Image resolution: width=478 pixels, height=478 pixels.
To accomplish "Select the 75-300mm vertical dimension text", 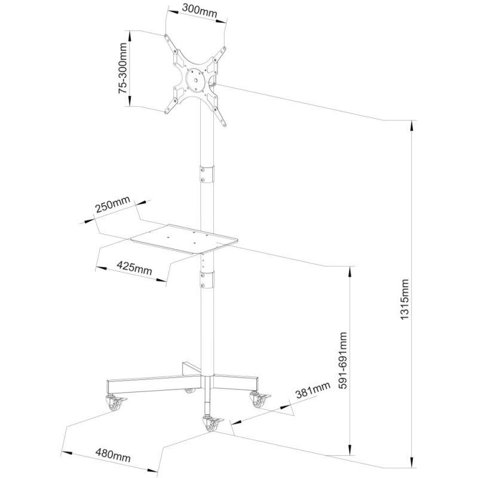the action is point(122,68).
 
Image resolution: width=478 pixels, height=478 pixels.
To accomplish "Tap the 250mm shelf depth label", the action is point(113,204).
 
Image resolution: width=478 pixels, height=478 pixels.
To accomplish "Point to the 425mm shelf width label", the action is point(134,267).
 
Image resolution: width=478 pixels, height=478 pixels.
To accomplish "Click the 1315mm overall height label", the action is point(405,299).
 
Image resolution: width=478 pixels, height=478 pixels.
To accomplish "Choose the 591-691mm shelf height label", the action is point(343,360).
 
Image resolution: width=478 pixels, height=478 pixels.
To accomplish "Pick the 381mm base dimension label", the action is point(312,390).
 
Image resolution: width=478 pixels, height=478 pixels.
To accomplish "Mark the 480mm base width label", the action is point(113,455).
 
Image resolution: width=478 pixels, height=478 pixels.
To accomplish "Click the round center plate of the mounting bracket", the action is point(195,80).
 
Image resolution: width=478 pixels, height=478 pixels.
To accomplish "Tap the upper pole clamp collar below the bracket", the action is point(207,174).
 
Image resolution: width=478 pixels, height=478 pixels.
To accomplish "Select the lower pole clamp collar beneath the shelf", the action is point(207,279).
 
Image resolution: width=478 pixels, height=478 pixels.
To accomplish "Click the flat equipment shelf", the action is point(185,239).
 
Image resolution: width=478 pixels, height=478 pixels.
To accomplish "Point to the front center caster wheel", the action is point(210,423).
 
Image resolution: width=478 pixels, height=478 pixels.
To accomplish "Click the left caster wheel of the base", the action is point(114,403).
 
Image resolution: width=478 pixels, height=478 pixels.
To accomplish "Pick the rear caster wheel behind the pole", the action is point(190,390).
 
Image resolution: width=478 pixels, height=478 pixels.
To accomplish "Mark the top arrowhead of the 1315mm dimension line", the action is point(412,126).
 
